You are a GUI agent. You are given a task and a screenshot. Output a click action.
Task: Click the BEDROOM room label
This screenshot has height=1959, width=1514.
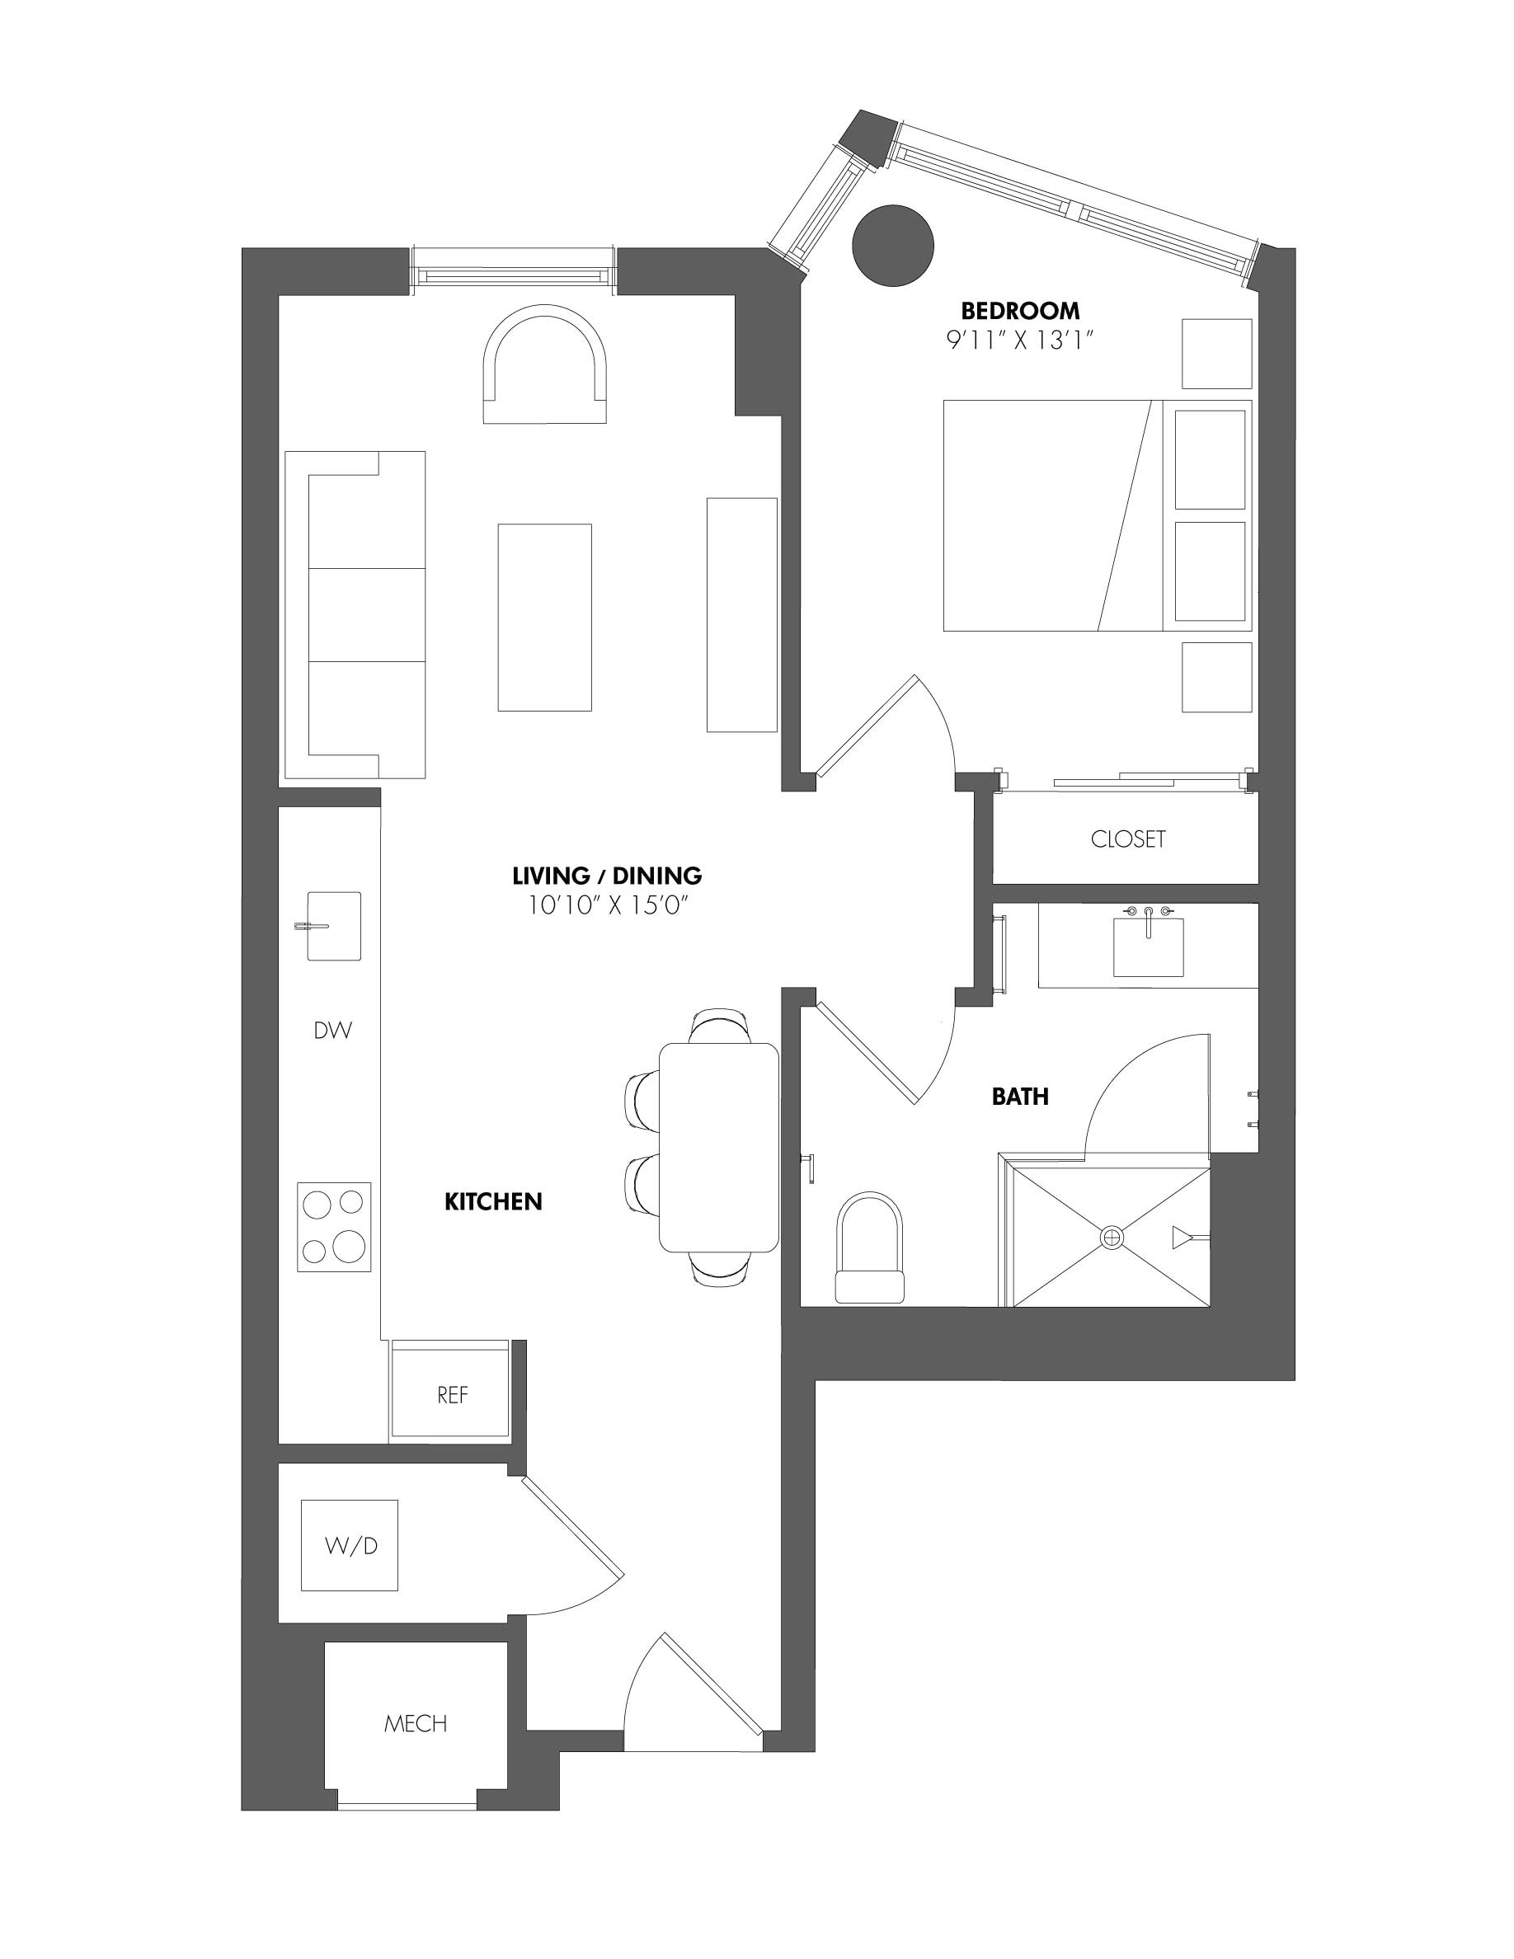point(1020,312)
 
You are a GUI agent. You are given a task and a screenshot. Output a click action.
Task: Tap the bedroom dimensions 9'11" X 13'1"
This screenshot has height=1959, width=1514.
point(1020,341)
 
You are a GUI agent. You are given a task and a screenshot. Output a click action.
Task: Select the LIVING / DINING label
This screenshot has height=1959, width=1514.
point(606,876)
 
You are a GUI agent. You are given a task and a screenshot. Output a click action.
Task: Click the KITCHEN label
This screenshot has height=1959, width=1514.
point(493,1202)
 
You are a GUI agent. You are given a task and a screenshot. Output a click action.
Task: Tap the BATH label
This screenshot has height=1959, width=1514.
point(1020,1096)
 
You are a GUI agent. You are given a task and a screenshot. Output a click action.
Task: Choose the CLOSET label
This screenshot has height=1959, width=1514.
point(1127,839)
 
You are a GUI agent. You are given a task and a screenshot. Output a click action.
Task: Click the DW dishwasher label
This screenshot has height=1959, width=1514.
point(333,1031)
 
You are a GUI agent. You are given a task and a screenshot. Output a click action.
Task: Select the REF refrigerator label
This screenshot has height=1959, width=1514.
point(452,1396)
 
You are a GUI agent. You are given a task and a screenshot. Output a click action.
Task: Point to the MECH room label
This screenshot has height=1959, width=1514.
point(416,1724)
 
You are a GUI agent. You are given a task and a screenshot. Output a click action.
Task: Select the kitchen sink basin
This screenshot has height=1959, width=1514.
point(335,926)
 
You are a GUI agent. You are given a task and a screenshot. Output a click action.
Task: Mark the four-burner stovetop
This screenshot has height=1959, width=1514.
point(335,1226)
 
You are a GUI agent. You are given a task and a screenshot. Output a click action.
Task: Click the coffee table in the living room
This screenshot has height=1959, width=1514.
point(544,617)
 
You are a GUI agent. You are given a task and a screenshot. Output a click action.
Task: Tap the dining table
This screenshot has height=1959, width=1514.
point(718,1147)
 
